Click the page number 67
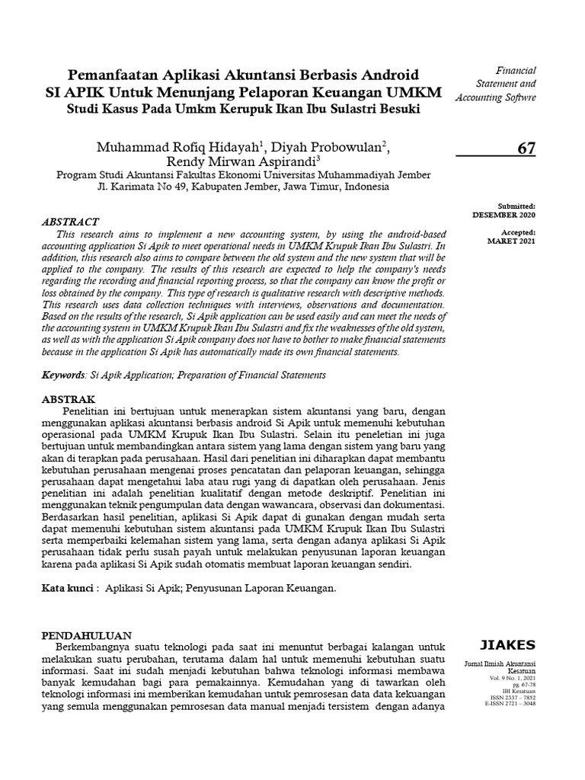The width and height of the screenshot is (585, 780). pyautogui.click(x=526, y=149)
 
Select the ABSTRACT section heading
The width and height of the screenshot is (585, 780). pyautogui.click(x=71, y=221)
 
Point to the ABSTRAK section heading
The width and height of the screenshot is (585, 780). pyautogui.click(x=68, y=399)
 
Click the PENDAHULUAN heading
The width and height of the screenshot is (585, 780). pyautogui.click(x=86, y=635)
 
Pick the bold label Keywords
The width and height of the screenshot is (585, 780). pyautogui.click(x=63, y=376)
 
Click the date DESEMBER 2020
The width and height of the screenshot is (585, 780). pyautogui.click(x=510, y=215)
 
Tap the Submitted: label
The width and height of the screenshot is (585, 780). pyautogui.click(x=517, y=206)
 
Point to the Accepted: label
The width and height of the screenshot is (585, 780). pyautogui.click(x=518, y=232)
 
